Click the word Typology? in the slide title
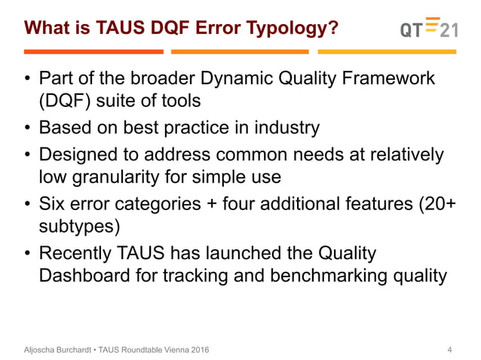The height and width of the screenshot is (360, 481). (296, 29)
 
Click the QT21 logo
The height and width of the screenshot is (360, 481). (428, 28)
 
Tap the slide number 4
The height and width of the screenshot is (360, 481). (450, 349)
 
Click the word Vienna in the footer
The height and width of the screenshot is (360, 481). (170, 349)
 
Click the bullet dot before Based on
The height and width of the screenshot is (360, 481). (27, 128)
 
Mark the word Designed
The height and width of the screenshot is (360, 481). (78, 154)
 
